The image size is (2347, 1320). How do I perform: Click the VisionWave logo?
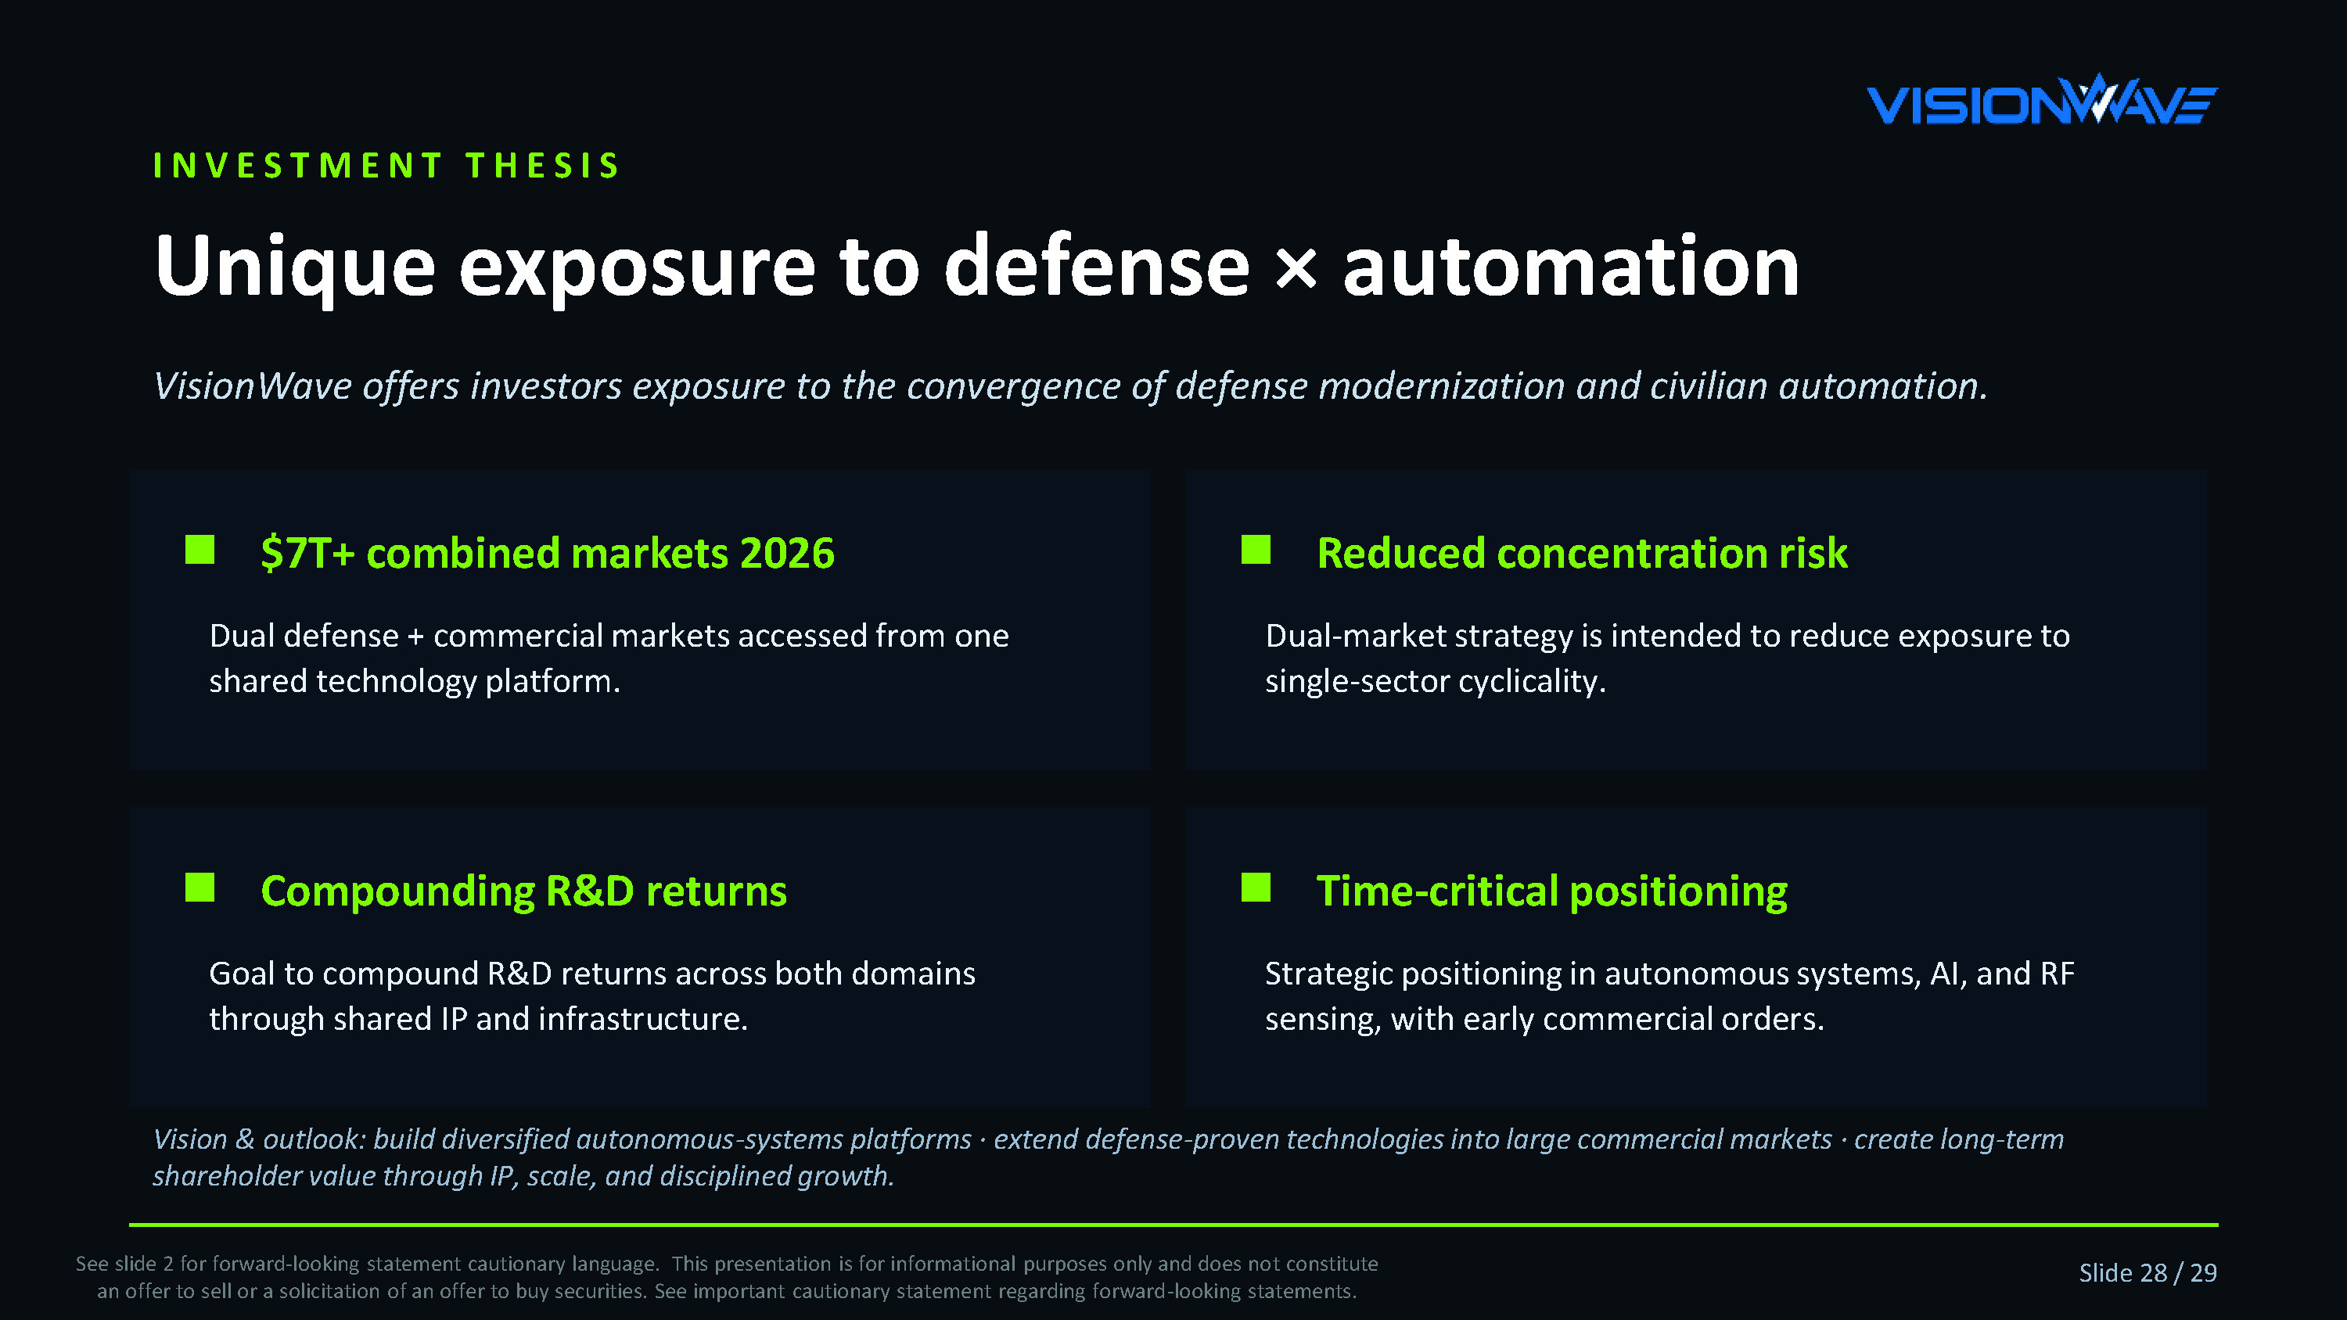(x=2042, y=99)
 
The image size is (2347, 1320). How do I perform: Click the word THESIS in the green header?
(x=543, y=166)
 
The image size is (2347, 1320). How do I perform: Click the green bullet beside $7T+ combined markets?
(x=199, y=549)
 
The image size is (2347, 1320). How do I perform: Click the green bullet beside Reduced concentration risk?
(x=1256, y=549)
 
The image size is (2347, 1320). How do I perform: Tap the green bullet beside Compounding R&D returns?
(x=199, y=888)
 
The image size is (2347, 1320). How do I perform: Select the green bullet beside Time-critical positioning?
(x=1256, y=888)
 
